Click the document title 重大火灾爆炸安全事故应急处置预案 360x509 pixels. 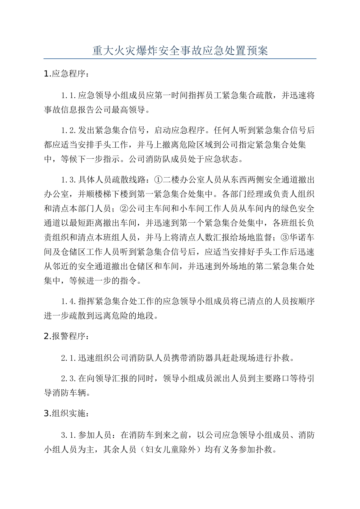click(180, 50)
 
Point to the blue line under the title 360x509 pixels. click(180, 59)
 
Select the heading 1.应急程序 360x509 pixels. click(66, 74)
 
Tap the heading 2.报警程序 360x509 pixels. click(66, 336)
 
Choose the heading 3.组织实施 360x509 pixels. click(66, 413)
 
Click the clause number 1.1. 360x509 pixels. click(69, 95)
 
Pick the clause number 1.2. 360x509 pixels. click(69, 131)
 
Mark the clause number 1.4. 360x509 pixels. click(69, 301)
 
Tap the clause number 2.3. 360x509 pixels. click(69, 378)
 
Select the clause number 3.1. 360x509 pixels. click(69, 435)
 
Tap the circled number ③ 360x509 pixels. click(284, 237)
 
